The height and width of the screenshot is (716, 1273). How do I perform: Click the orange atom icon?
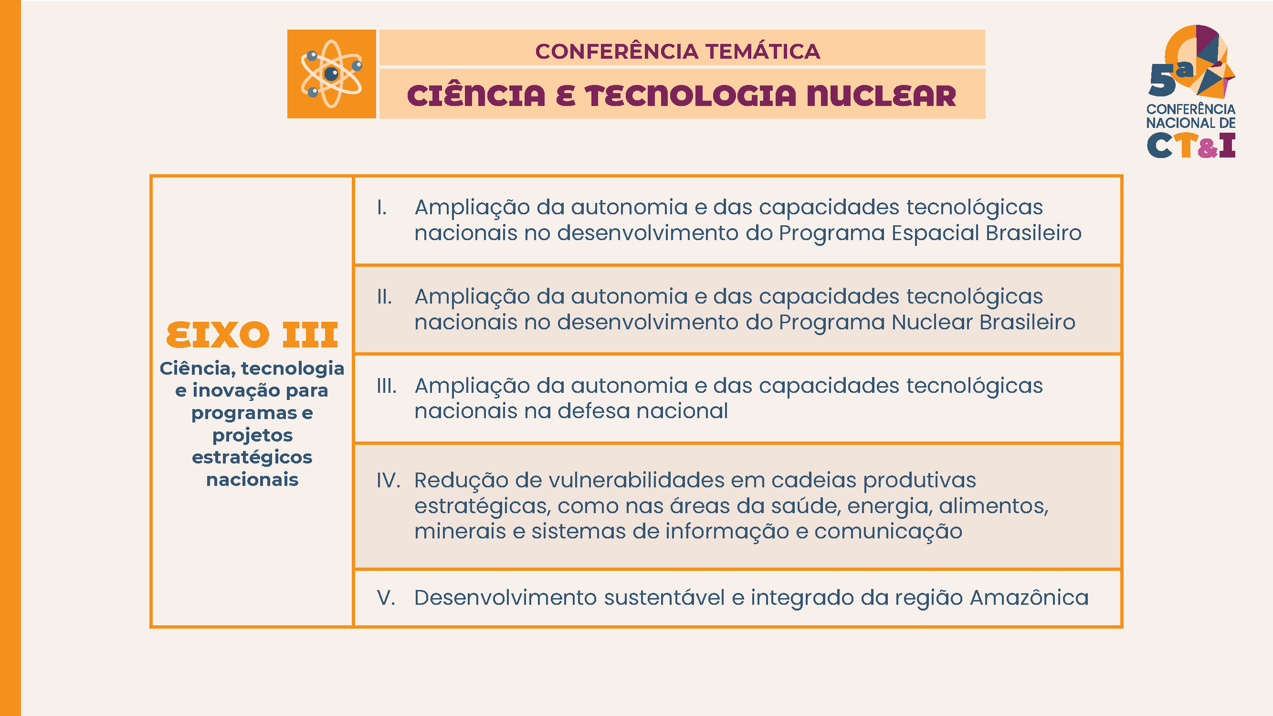click(x=332, y=74)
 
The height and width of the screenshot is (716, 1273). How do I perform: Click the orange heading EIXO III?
click(x=252, y=335)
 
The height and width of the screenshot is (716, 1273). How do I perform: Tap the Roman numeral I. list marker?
click(x=381, y=208)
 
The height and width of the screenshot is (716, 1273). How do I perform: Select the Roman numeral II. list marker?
click(x=384, y=297)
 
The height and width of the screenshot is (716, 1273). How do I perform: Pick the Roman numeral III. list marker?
click(x=387, y=386)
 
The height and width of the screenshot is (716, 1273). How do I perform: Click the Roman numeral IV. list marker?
click(x=389, y=480)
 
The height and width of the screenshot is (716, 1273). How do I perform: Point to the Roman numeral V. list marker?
click(x=386, y=598)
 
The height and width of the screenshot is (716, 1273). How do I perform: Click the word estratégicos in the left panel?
click(x=252, y=458)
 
